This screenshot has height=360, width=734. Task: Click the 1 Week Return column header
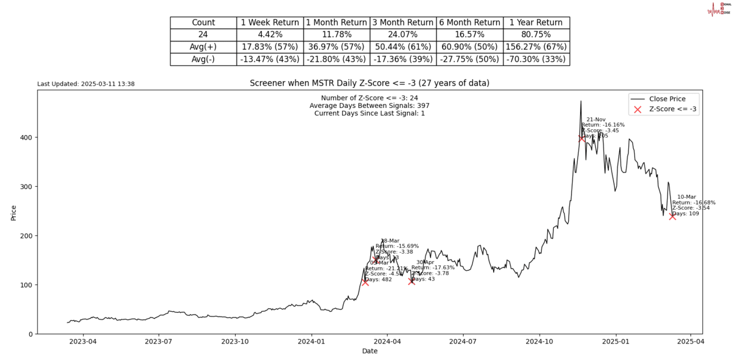[x=270, y=23]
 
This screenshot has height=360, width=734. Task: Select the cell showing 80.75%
[x=536, y=35]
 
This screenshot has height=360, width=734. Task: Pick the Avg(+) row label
[x=203, y=47]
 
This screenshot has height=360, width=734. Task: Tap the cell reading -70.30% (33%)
[x=536, y=59]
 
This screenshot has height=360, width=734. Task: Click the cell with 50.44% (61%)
[x=402, y=47]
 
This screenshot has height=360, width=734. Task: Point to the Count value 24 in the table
[x=203, y=35]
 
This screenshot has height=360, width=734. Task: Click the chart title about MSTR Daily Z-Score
[x=369, y=83]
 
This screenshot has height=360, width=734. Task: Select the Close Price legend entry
[x=667, y=99]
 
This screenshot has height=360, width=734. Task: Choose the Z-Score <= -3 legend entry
[x=673, y=110]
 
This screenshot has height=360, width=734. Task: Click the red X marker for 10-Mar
[x=673, y=216]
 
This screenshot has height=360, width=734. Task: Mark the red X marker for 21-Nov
[x=582, y=138]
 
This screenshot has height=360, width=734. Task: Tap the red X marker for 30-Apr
[x=411, y=281]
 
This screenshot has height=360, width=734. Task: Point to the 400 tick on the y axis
[x=26, y=137]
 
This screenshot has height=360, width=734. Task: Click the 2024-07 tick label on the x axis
[x=462, y=342]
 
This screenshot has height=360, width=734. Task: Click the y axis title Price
[x=14, y=212]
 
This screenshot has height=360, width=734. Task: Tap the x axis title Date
[x=369, y=351]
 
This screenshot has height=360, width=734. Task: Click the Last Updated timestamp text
[x=86, y=84]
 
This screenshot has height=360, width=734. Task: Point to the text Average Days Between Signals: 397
[x=369, y=106]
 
